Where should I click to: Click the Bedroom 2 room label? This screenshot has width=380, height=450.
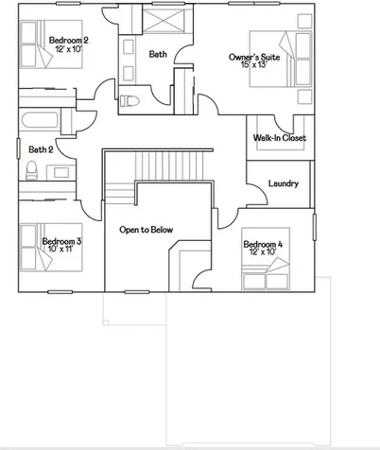click(x=68, y=41)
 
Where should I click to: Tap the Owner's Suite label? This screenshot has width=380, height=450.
click(x=254, y=57)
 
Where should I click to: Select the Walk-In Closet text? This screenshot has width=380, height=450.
click(x=280, y=138)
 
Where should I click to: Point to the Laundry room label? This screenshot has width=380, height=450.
click(x=284, y=183)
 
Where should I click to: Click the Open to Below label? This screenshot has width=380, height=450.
click(x=147, y=230)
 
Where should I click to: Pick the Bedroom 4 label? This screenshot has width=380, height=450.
click(x=263, y=244)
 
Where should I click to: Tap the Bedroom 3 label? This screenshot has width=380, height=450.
click(x=61, y=241)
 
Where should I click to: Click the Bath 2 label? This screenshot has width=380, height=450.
click(x=41, y=149)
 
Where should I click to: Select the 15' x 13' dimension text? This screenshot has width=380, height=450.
click(x=254, y=64)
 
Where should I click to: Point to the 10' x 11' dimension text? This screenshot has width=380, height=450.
click(x=60, y=249)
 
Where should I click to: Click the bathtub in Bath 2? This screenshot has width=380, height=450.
click(x=40, y=120)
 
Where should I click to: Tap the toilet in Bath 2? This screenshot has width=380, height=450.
click(x=31, y=170)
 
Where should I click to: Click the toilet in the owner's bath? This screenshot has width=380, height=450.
click(x=130, y=101)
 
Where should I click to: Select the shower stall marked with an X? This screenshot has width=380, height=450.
click(x=163, y=21)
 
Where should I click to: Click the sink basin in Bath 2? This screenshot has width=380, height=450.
click(x=61, y=172)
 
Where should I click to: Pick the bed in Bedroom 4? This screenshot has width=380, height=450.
click(x=266, y=258)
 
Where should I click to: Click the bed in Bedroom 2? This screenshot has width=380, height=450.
click(x=51, y=44)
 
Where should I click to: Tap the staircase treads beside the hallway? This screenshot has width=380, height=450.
click(x=169, y=165)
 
